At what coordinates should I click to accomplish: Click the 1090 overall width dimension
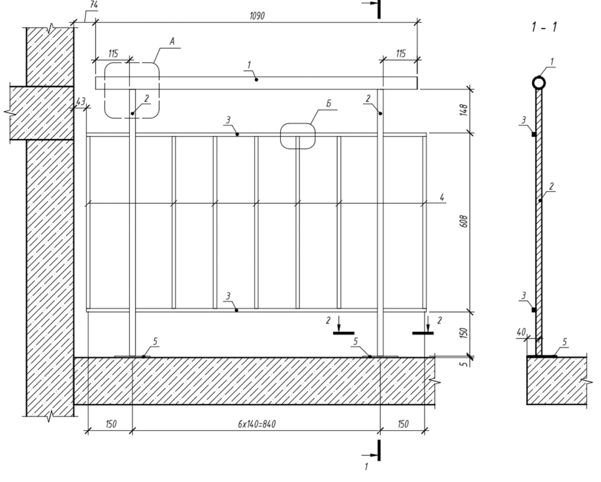tap(257, 16)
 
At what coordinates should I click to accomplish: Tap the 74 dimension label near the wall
tap(94, 5)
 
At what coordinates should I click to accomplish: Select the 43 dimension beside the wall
tap(80, 101)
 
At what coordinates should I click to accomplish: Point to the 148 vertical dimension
tap(464, 110)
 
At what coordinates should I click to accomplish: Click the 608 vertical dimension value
tap(464, 221)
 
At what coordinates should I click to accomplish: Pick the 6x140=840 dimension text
tap(257, 424)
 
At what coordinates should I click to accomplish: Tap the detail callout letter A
tap(172, 42)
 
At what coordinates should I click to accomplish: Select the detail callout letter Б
tap(329, 103)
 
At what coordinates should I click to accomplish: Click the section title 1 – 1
tap(544, 27)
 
